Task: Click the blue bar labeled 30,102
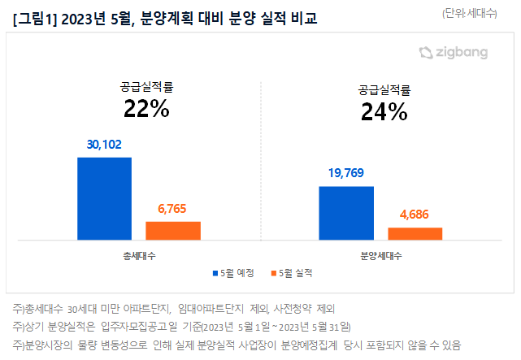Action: pyautogui.click(x=104, y=198)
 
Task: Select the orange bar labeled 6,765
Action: pyautogui.click(x=173, y=230)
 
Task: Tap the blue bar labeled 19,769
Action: pyautogui.click(x=346, y=213)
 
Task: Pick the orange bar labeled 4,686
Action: pyautogui.click(x=415, y=233)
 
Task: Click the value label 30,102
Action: pyautogui.click(x=104, y=145)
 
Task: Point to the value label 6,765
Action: pyautogui.click(x=172, y=209)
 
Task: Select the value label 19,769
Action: pyautogui.click(x=346, y=173)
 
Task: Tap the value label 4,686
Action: pyautogui.click(x=415, y=215)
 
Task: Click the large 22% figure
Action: pyautogui.click(x=146, y=108)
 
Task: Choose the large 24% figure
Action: pyautogui.click(x=384, y=113)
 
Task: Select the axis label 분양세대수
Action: pyautogui.click(x=380, y=254)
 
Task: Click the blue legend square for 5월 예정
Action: pyautogui.click(x=215, y=273)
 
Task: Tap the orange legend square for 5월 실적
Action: pyautogui.click(x=272, y=273)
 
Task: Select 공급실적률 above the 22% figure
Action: pyautogui.click(x=146, y=85)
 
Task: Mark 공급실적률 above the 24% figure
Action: pyautogui.click(x=384, y=89)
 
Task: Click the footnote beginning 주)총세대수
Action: pyautogui.click(x=173, y=309)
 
